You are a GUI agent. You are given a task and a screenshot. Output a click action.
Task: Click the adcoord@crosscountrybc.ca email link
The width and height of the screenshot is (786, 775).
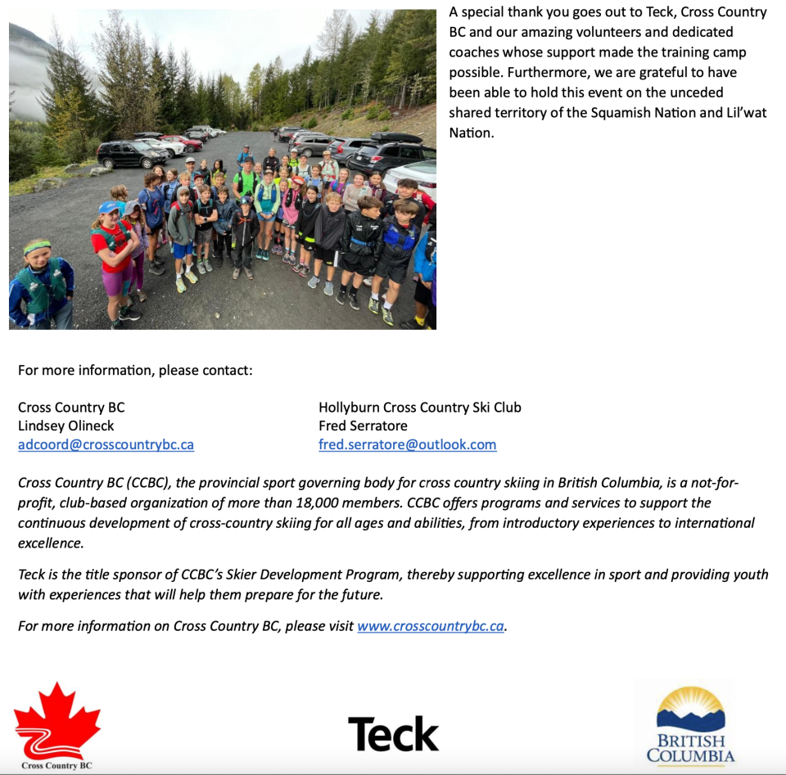106,444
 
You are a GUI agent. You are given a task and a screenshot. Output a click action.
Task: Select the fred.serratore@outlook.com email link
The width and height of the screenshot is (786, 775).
407,444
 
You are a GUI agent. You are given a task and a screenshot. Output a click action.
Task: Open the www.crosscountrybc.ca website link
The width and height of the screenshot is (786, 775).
431,626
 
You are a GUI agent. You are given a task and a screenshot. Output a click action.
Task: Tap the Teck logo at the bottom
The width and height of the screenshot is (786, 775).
393,733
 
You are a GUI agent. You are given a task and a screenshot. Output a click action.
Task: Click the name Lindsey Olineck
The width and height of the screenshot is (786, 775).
66,426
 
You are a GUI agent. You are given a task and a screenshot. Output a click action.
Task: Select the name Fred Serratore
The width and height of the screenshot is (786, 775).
363,426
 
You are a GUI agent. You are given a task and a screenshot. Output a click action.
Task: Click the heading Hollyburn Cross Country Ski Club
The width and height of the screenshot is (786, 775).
419,407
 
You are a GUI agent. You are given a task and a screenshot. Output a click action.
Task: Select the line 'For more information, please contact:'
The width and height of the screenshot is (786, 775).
135,370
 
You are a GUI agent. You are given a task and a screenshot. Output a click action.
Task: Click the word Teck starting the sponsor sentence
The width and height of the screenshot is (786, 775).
33,574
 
